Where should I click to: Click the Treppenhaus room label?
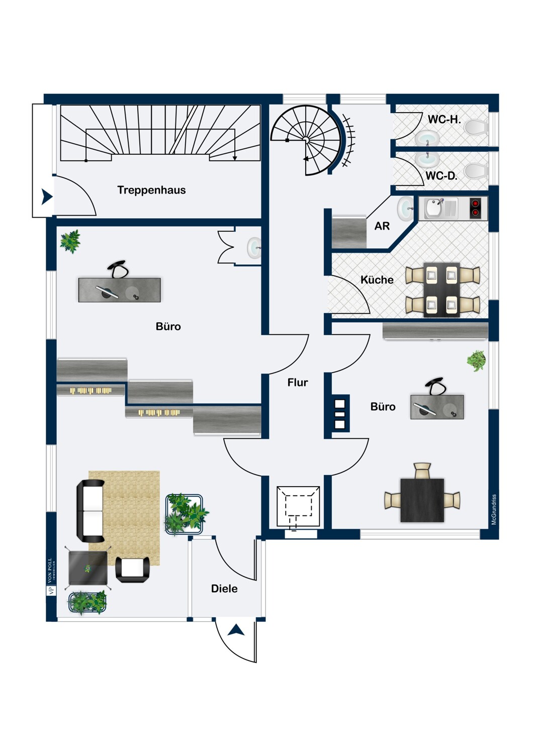(x=151, y=190)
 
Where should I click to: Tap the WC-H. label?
(x=444, y=119)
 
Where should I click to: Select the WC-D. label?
(x=441, y=176)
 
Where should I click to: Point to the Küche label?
(x=377, y=279)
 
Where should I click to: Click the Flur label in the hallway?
(x=298, y=383)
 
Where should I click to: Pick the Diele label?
(x=224, y=589)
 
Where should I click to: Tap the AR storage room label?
(x=382, y=226)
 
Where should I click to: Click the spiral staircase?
(x=306, y=140)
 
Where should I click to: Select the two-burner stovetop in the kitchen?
(x=475, y=208)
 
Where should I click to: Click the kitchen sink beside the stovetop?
(x=440, y=209)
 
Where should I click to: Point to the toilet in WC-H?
(x=477, y=128)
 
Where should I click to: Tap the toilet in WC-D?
(x=477, y=171)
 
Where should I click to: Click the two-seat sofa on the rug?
(x=91, y=511)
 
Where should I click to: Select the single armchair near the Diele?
(x=132, y=570)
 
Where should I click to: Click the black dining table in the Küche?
(x=442, y=290)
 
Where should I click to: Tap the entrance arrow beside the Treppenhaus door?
(x=47, y=197)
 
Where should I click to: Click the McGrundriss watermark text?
(x=494, y=509)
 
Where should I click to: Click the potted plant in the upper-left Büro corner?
(x=70, y=241)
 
